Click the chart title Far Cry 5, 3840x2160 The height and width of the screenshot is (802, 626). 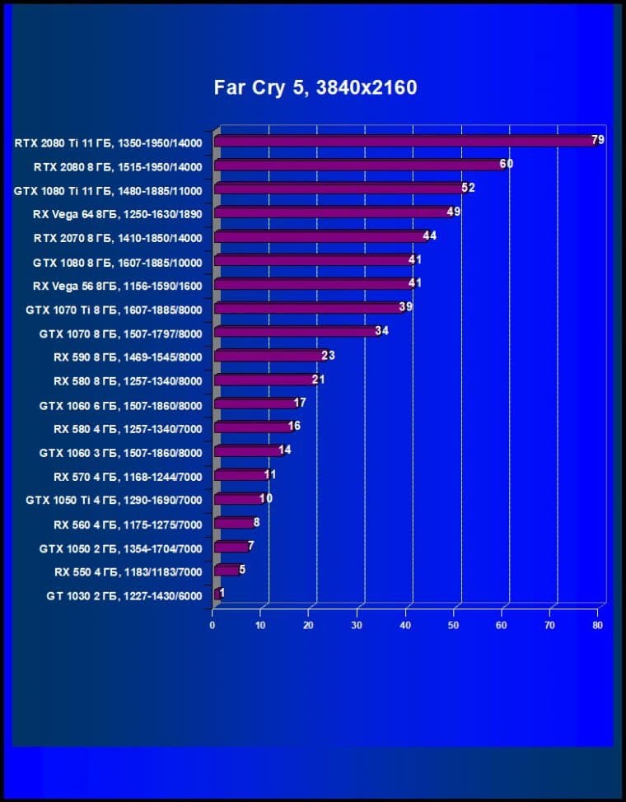click(315, 87)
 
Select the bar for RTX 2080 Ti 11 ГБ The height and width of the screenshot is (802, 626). click(404, 142)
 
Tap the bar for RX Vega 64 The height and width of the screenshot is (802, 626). click(329, 213)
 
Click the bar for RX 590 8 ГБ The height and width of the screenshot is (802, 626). click(268, 357)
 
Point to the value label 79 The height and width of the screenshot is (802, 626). click(598, 140)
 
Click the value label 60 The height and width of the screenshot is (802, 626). click(506, 164)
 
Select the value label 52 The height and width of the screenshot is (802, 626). click(468, 188)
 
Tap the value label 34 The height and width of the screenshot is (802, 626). click(381, 331)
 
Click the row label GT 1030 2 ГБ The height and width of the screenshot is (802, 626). click(124, 595)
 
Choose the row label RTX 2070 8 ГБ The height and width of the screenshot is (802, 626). click(117, 238)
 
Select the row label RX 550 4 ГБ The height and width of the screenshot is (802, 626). click(128, 571)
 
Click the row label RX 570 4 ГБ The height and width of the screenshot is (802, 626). click(128, 476)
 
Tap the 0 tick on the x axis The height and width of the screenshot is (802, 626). click(213, 626)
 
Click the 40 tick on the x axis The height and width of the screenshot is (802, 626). click(405, 626)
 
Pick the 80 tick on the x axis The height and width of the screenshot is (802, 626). click(597, 626)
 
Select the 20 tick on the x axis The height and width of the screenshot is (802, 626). click(309, 626)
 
